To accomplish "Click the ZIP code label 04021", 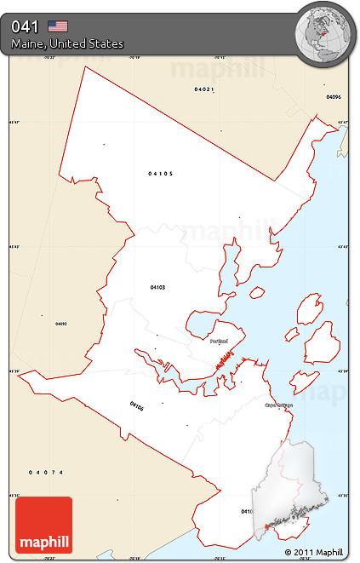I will coord(203,89).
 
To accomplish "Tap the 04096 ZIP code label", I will coord(333,97).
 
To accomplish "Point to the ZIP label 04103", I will coord(157,287).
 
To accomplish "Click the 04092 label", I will coord(60,324).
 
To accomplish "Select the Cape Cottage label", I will coord(277,405).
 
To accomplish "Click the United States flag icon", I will coord(58,26).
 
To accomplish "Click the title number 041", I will coord(25,26).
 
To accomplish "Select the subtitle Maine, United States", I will coord(67,43).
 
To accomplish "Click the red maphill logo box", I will coord(43,525).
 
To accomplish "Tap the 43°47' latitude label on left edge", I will coord(14,122).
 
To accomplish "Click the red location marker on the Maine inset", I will coord(266,526).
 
